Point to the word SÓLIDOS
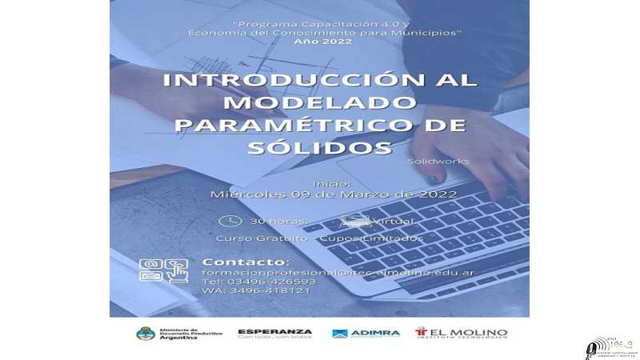pos(319,148)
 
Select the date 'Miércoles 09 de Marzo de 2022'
pos(334,194)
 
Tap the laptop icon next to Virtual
pos(355,220)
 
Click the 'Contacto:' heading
pos(246,262)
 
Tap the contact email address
pos(338,274)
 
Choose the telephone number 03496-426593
pos(258,282)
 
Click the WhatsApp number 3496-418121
pos(256,290)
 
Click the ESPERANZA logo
pos(274,333)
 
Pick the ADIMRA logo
pos(366,333)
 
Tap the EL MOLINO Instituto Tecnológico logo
pos(461,333)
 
